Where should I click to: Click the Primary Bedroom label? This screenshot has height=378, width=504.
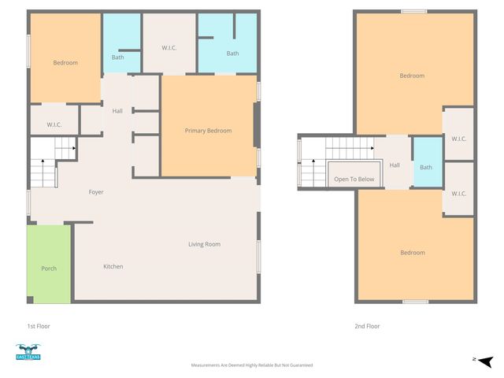click(x=208, y=131)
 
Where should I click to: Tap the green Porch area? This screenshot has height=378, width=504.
click(x=49, y=264)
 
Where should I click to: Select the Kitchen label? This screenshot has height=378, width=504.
click(x=113, y=266)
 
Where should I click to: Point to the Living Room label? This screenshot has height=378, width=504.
click(x=205, y=244)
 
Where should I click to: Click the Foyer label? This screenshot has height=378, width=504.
click(x=96, y=192)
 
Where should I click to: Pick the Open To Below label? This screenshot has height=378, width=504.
click(x=354, y=179)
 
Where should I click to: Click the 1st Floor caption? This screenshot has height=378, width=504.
click(x=39, y=326)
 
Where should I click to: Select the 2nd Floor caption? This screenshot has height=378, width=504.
click(x=367, y=326)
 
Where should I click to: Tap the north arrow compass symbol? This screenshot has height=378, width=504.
click(x=486, y=361)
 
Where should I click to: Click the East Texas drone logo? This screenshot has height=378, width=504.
click(x=28, y=352)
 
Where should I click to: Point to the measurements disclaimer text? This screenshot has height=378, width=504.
click(x=252, y=365)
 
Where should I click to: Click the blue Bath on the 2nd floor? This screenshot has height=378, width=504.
click(x=428, y=162)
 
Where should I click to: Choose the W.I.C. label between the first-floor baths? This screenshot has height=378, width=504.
click(x=169, y=48)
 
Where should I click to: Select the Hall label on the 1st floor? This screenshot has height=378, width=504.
click(x=117, y=111)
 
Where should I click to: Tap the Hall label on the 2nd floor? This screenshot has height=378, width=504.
click(x=395, y=165)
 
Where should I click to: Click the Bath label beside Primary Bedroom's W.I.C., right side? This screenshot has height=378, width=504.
click(x=232, y=54)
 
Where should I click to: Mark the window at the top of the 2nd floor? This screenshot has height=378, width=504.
click(x=414, y=12)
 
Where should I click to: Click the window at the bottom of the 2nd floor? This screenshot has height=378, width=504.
click(x=416, y=302)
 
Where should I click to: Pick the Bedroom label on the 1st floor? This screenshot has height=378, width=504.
click(x=65, y=63)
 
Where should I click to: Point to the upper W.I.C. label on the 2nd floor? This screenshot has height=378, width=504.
click(x=458, y=139)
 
